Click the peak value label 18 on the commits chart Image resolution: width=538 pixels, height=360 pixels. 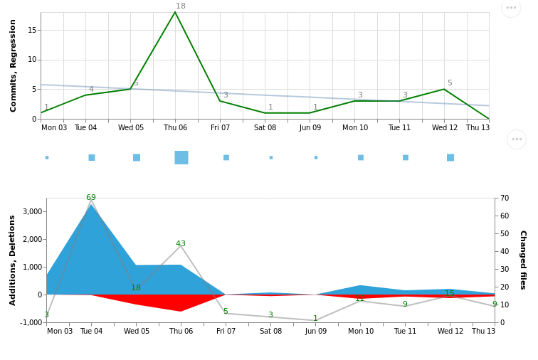click(181, 6)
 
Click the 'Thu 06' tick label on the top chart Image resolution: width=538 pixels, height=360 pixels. click(175, 128)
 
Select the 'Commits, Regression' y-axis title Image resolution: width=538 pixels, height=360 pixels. click(14, 65)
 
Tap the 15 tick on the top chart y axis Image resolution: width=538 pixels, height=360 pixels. click(32, 30)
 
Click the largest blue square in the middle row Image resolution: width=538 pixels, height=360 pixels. click(181, 157)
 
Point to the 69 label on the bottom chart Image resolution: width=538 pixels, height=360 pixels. click(91, 198)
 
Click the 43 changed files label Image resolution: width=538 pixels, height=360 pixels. click(181, 244)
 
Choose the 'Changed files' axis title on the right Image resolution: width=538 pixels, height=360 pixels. click(522, 260)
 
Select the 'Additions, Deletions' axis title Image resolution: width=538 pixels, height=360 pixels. click(14, 260)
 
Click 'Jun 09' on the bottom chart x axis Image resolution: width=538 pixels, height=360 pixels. click(315, 332)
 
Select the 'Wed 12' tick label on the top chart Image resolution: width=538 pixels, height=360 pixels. click(445, 128)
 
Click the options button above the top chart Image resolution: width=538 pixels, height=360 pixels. click(511, 8)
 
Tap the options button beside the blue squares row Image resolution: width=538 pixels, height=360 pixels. click(517, 139)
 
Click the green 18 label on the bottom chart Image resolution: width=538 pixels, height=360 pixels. click(136, 288)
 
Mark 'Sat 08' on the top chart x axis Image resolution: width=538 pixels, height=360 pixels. click(265, 128)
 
